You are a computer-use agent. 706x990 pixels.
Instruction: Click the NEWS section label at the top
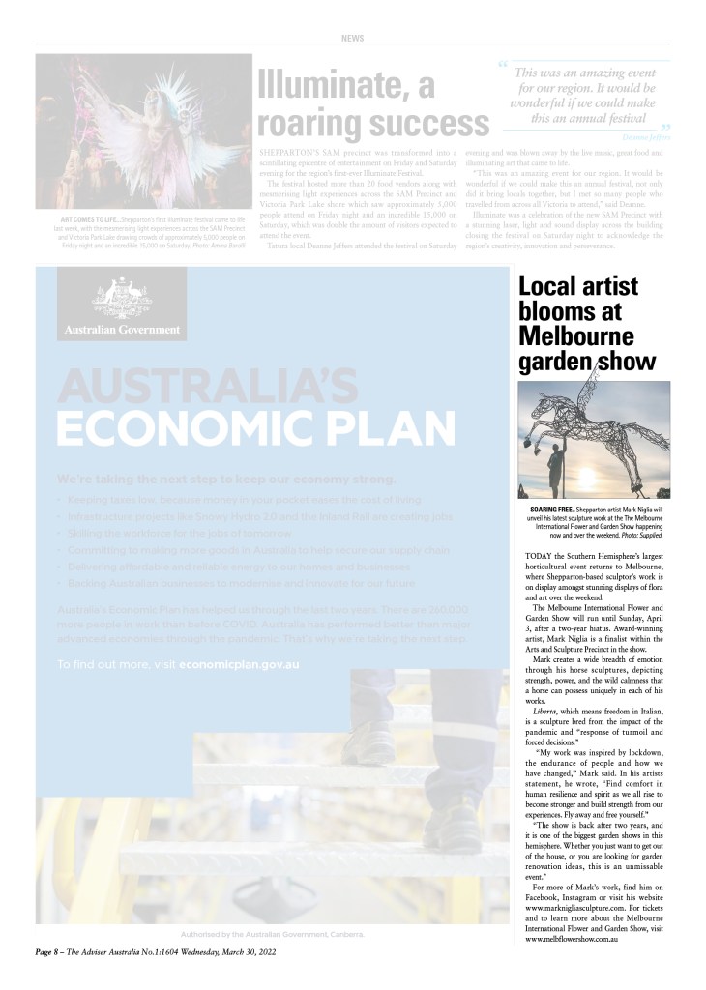click(353, 38)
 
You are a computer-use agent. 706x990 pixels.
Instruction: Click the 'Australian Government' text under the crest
click(122, 329)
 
